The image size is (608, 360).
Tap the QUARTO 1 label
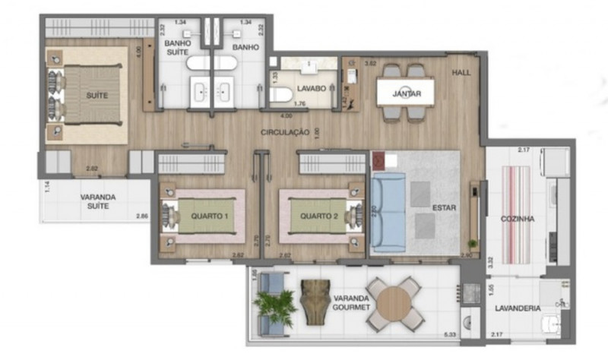(210, 216)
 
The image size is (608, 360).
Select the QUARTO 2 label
(318, 216)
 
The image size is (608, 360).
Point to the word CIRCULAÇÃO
(284, 131)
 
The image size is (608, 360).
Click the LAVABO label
(312, 89)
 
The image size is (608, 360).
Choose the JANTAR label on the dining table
(407, 93)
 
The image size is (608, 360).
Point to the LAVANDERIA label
(518, 308)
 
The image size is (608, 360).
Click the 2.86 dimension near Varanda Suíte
(142, 217)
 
